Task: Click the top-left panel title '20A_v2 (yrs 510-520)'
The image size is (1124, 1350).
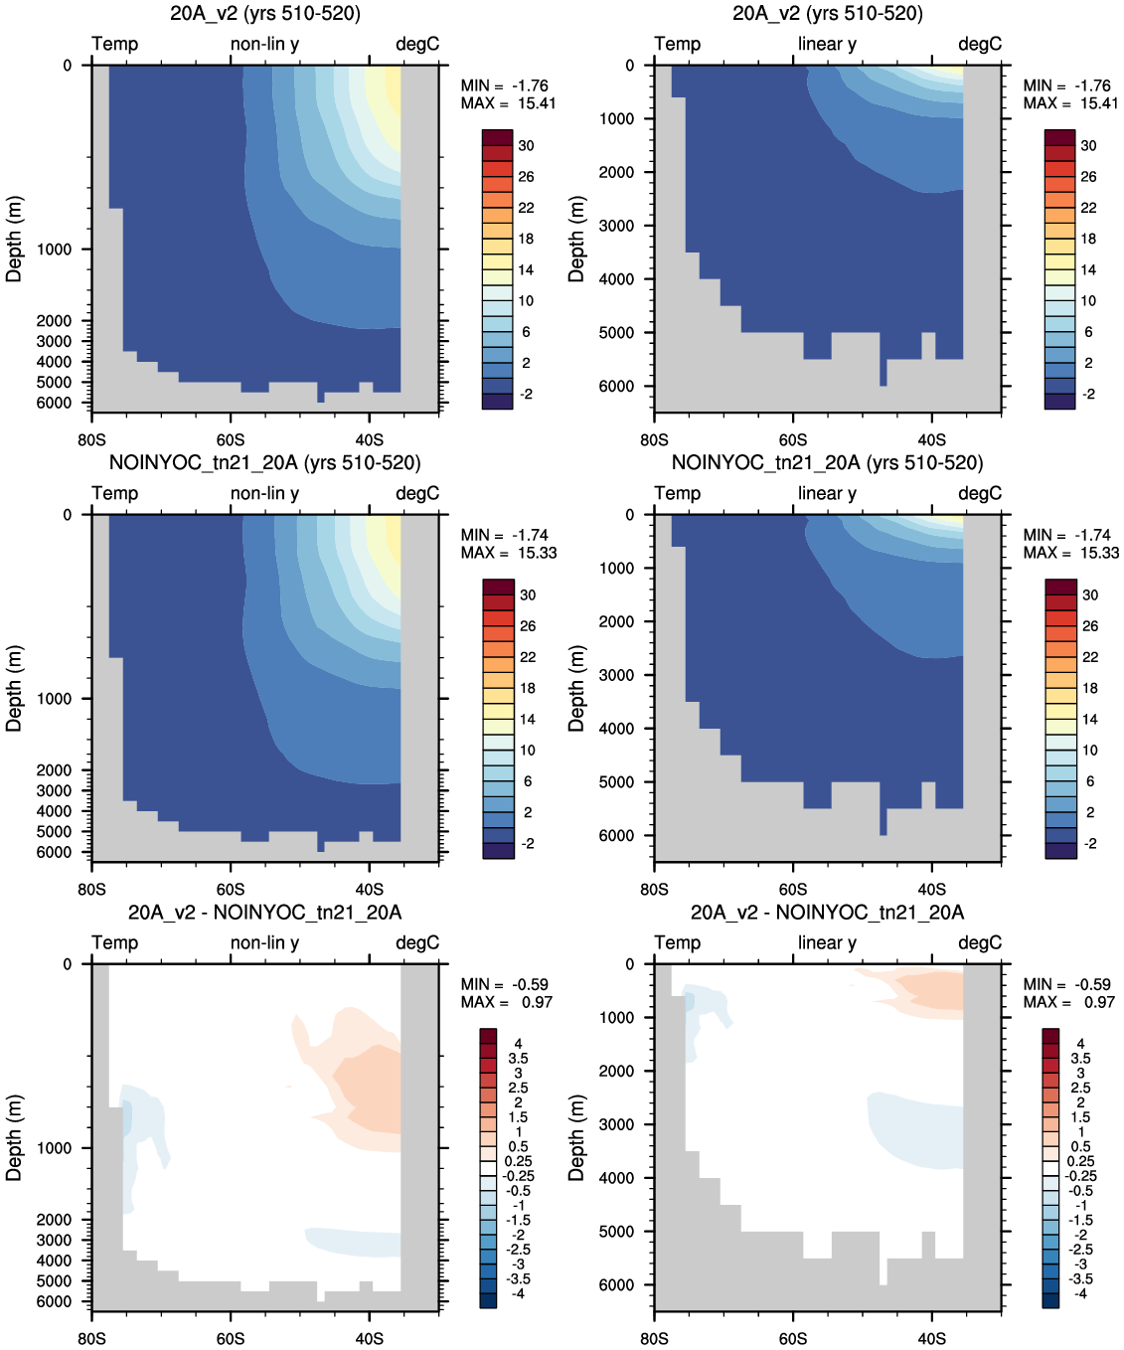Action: [265, 13]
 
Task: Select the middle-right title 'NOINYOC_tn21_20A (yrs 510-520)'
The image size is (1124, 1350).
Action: [827, 462]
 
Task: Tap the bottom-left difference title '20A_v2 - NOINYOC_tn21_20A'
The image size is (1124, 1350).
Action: [265, 913]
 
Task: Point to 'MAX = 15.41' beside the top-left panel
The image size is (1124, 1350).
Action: [508, 103]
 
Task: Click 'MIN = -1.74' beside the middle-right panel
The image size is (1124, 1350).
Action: [1067, 535]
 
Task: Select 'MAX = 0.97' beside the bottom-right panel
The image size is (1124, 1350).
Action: [1069, 1002]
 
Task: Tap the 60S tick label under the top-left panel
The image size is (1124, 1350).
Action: [231, 440]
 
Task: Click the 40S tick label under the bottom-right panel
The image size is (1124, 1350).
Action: [931, 1338]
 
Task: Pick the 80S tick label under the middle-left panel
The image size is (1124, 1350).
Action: [91, 890]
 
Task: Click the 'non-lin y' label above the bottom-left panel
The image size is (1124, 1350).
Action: [265, 942]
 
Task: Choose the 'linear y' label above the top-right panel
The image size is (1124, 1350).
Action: [827, 44]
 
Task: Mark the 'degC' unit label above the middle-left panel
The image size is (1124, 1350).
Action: [417, 493]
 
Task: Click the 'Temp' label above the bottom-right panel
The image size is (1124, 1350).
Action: [678, 943]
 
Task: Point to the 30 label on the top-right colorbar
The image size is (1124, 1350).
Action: [1089, 145]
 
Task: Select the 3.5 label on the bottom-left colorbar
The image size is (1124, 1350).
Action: [519, 1059]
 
